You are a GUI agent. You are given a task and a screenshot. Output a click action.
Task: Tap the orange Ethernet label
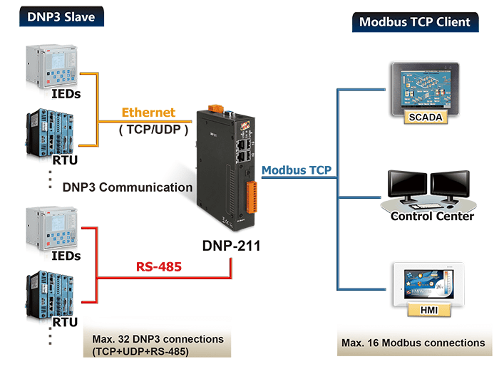[x=148, y=113]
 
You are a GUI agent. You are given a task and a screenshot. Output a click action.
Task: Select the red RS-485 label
[x=158, y=267]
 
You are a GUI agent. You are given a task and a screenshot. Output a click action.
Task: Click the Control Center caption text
[x=432, y=216]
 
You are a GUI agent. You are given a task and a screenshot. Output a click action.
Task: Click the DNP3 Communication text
[x=128, y=187]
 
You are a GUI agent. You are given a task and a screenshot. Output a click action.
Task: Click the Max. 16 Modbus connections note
[x=413, y=343]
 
